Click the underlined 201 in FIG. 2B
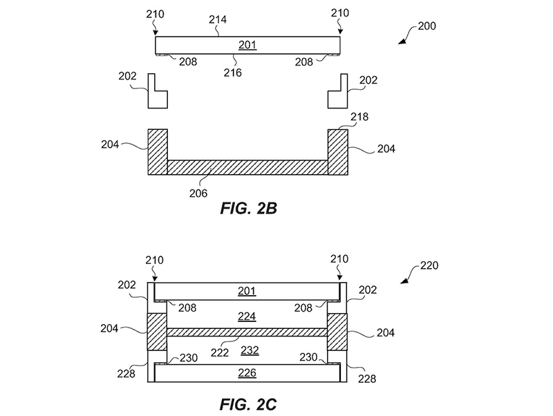[x=247, y=46]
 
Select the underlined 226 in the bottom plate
[x=247, y=373]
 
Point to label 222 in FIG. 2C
[x=221, y=351]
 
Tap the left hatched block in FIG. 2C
[x=158, y=332]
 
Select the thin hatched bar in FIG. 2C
[x=247, y=332]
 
